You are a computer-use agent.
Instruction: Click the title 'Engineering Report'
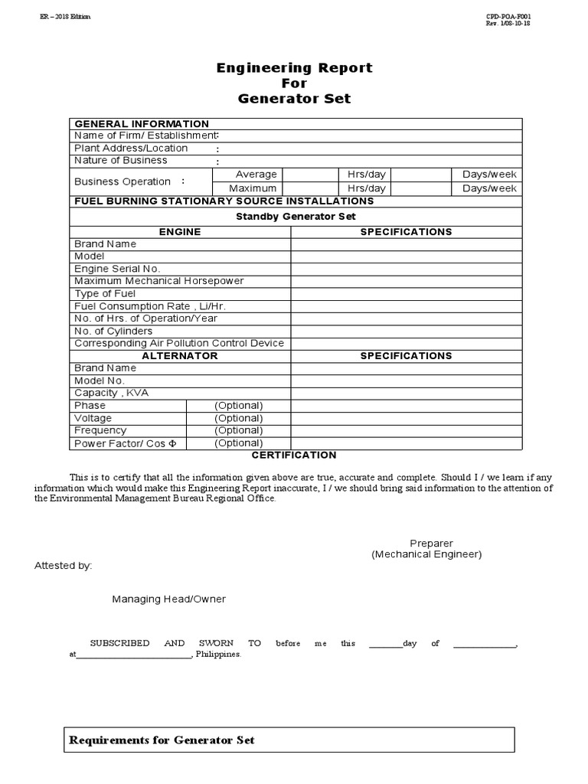point(294,68)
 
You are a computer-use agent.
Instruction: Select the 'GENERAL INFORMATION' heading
point(141,124)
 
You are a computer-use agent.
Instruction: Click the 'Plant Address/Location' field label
point(131,149)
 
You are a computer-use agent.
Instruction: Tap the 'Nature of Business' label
point(120,161)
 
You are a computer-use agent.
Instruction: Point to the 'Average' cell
point(256,175)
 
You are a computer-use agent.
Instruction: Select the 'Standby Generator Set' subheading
point(296,217)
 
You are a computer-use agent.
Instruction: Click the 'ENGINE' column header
point(180,232)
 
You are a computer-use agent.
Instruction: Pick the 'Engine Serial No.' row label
point(117,269)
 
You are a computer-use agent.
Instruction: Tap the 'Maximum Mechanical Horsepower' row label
point(158,281)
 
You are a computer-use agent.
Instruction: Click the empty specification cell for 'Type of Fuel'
point(406,294)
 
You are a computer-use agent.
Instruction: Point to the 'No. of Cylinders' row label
point(113,331)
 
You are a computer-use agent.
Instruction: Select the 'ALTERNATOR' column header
point(180,356)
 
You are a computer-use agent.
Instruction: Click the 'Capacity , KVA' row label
point(112,393)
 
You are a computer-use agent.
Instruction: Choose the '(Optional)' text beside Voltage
point(239,418)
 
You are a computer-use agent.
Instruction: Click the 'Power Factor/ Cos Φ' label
point(126,443)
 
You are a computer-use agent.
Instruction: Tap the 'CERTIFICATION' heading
point(295,456)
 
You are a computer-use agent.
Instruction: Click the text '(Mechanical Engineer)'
point(426,554)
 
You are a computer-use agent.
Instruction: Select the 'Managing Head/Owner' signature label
point(169,599)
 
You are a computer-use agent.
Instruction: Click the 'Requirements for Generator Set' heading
point(162,740)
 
